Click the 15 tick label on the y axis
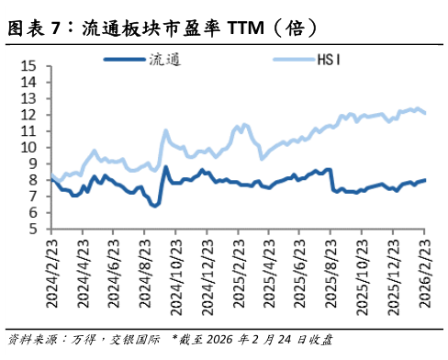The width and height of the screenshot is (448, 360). click(x=28, y=66)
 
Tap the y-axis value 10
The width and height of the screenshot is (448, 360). click(x=28, y=147)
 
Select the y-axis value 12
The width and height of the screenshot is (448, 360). click(x=28, y=115)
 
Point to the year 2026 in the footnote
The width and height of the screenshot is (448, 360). click(x=222, y=340)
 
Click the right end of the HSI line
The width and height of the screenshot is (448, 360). click(x=425, y=113)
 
